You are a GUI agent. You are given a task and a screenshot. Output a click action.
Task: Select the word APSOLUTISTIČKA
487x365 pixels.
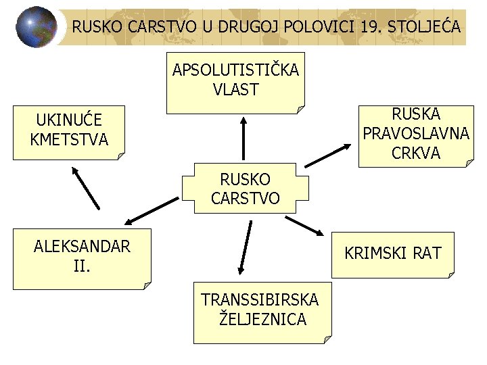pyautogui.click(x=235, y=70)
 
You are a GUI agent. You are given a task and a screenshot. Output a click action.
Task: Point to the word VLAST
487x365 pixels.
pyautogui.click(x=235, y=89)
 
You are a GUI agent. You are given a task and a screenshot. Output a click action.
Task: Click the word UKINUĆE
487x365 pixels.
pyautogui.click(x=69, y=120)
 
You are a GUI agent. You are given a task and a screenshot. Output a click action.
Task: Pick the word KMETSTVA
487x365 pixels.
pyautogui.click(x=69, y=140)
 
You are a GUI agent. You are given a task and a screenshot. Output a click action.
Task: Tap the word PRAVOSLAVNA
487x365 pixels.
pyautogui.click(x=416, y=134)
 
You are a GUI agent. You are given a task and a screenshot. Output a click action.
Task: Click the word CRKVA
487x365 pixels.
pyautogui.click(x=416, y=153)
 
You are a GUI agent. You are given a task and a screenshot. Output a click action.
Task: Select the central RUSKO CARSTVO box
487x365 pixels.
pyautogui.click(x=241, y=189)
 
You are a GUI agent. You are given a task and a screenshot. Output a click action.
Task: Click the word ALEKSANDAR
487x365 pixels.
pyautogui.click(x=83, y=247)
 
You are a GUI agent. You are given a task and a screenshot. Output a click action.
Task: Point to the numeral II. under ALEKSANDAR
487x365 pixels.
pyautogui.click(x=83, y=266)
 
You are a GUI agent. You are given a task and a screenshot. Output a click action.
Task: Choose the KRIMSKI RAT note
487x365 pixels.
pyautogui.click(x=392, y=254)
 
